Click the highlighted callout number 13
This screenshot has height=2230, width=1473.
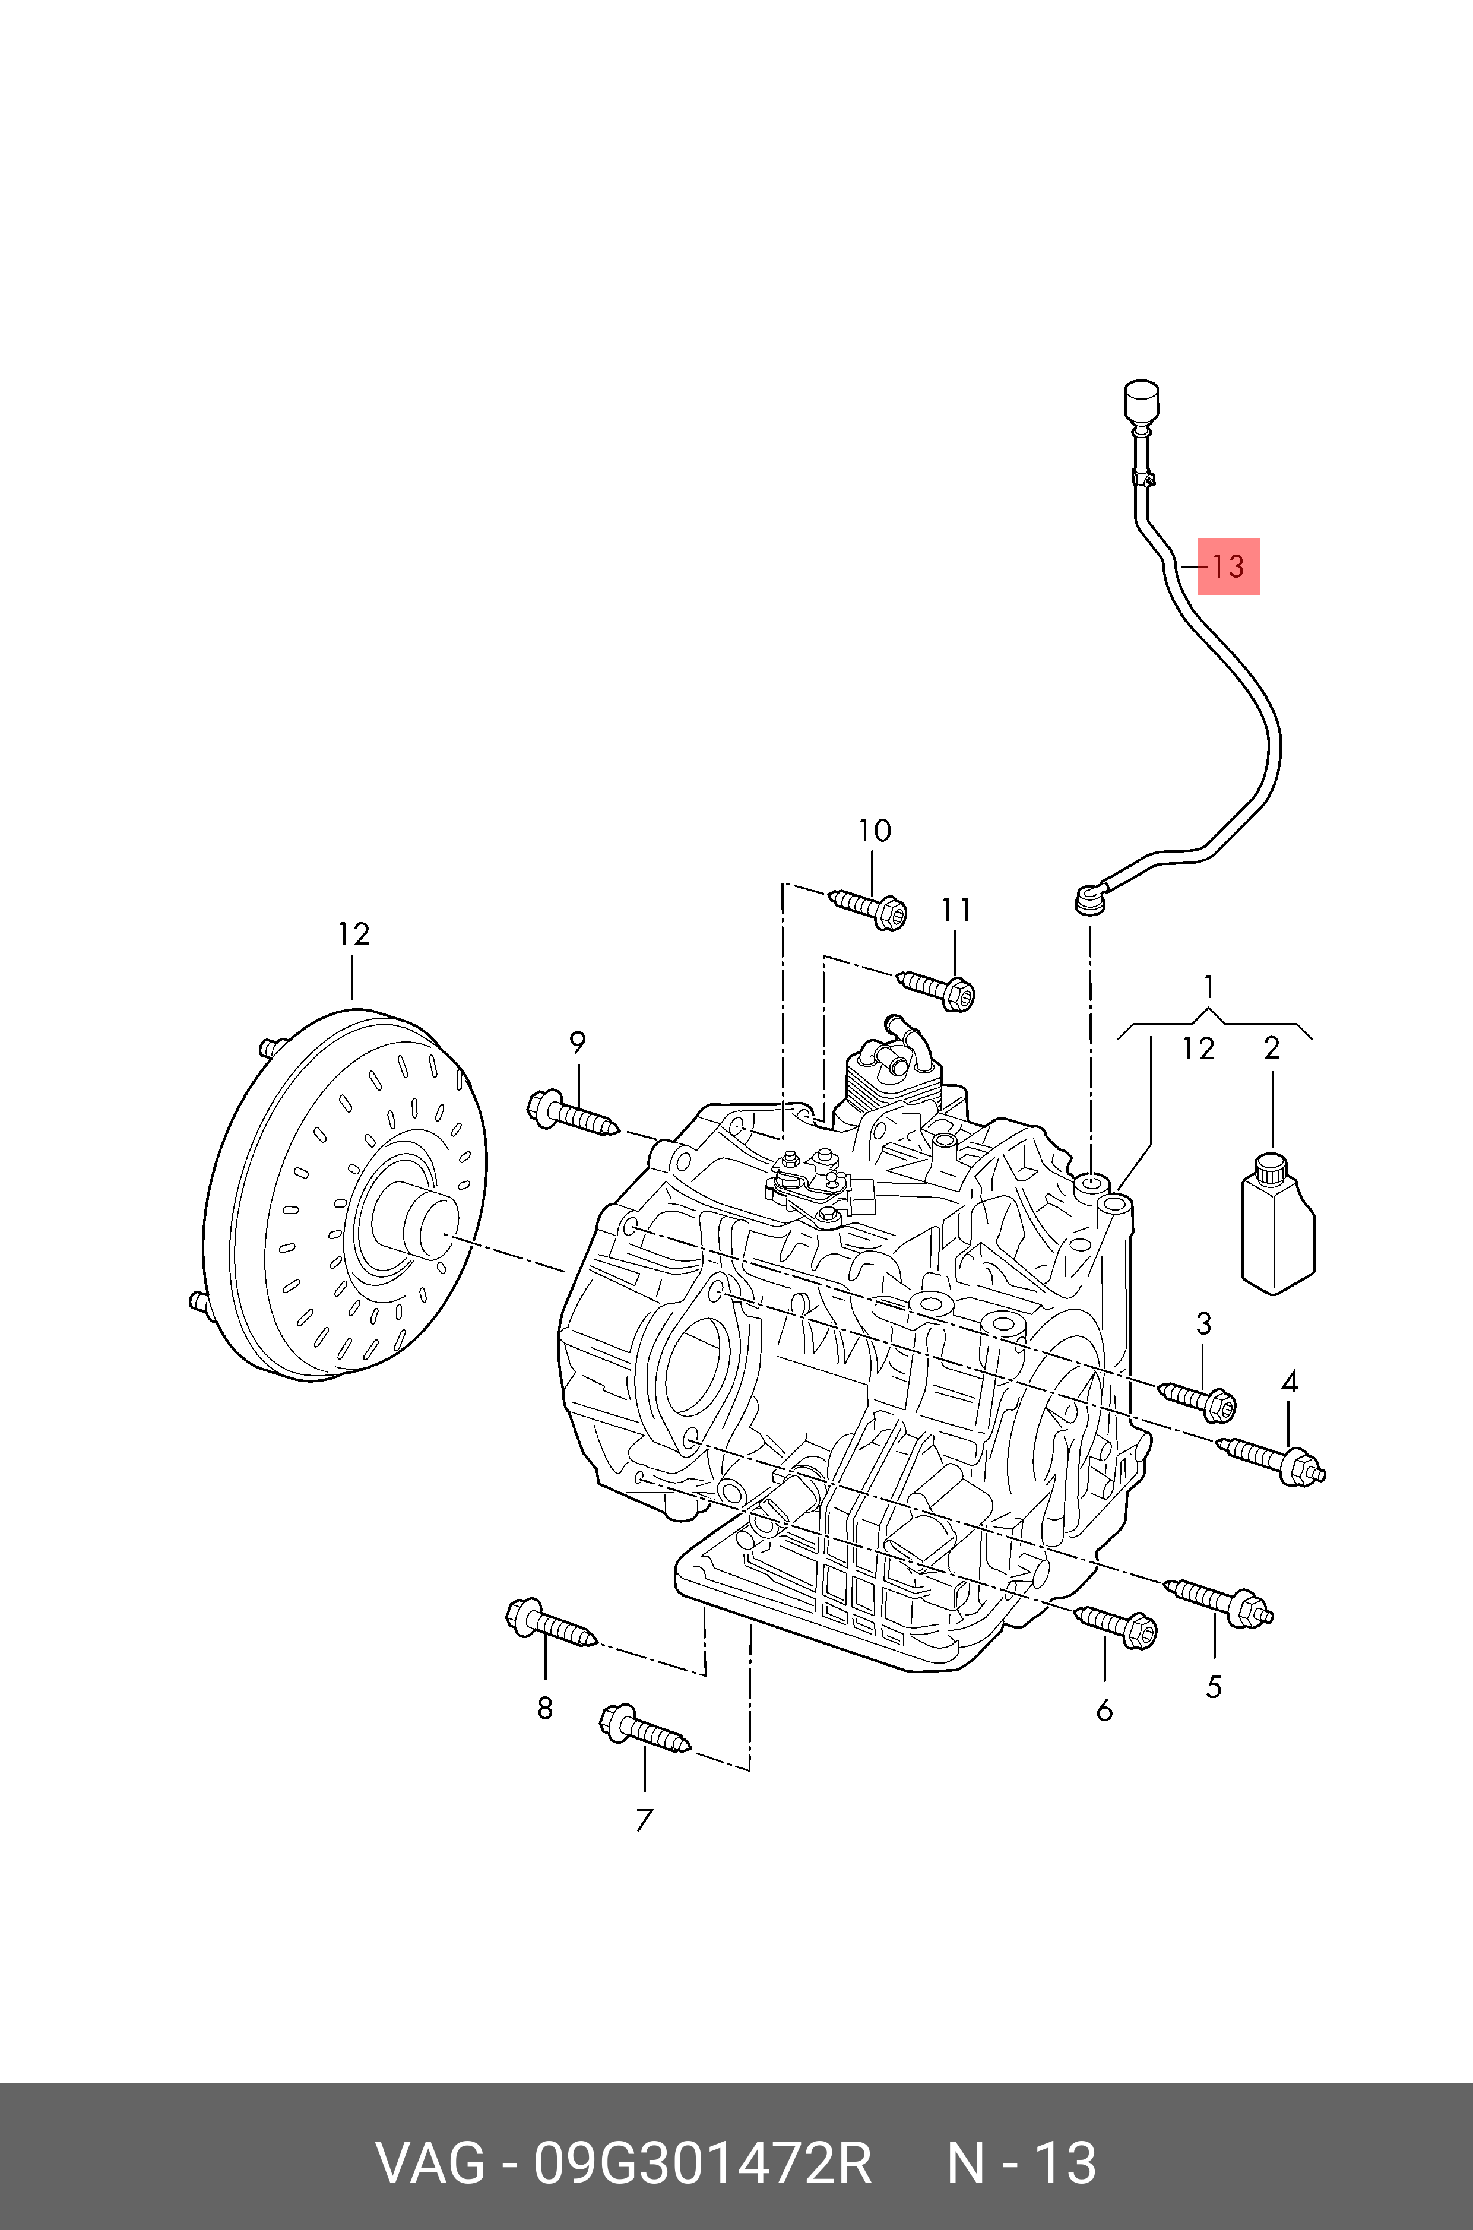pyautogui.click(x=1228, y=566)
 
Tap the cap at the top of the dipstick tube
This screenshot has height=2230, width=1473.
pyautogui.click(x=1141, y=401)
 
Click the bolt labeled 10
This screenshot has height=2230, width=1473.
pyautogui.click(x=869, y=907)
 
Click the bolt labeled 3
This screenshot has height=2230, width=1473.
pyautogui.click(x=1200, y=1399)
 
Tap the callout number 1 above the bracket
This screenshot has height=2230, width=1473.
pyautogui.click(x=1209, y=987)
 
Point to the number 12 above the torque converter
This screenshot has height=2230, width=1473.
pyautogui.click(x=353, y=934)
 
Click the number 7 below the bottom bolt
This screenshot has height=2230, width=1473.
pyautogui.click(x=644, y=1820)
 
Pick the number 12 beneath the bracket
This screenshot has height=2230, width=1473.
pyautogui.click(x=1198, y=1049)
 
